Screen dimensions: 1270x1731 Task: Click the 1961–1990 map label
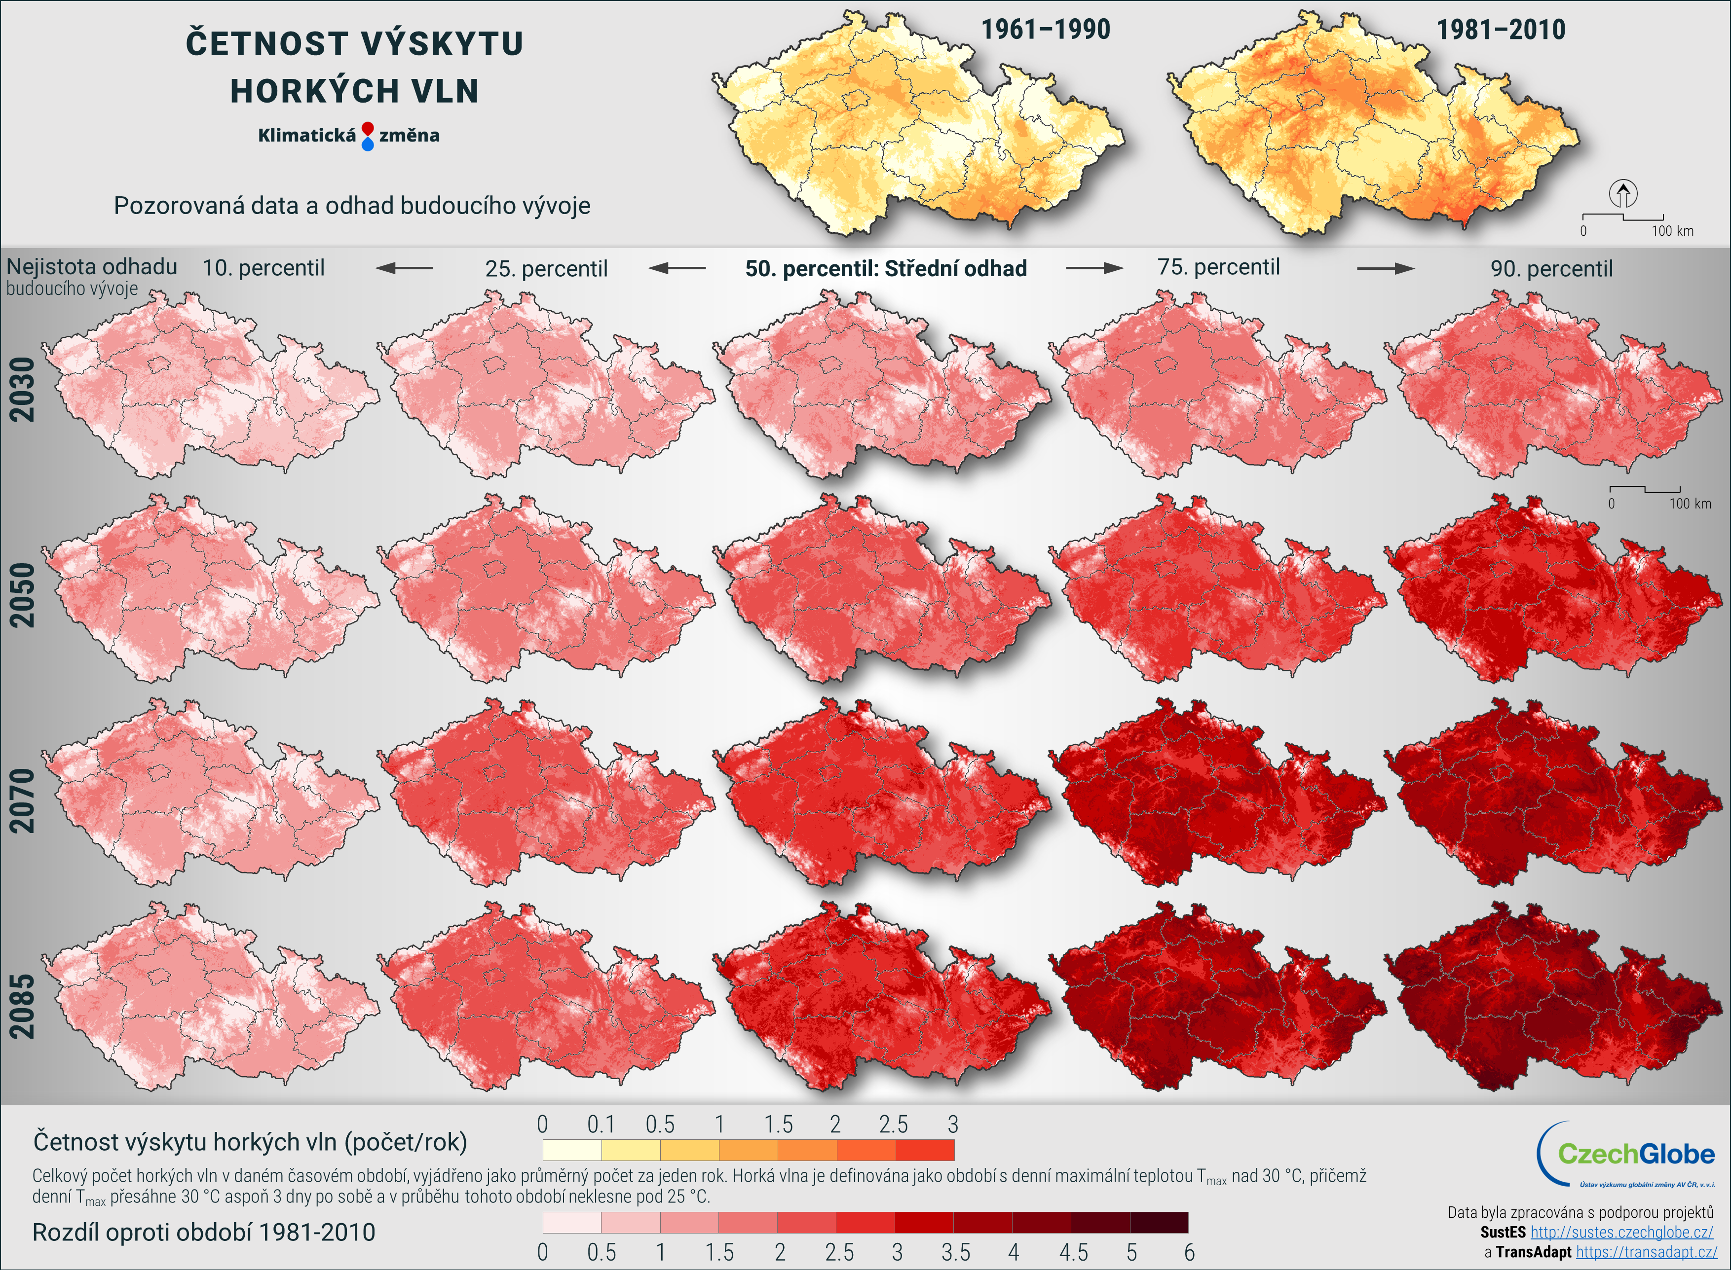click(x=1045, y=30)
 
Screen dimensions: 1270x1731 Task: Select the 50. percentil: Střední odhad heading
click(x=886, y=268)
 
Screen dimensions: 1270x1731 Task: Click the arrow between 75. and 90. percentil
click(x=1385, y=268)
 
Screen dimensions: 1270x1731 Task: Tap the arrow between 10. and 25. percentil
click(x=405, y=268)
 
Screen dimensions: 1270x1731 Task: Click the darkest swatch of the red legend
click(x=1159, y=1222)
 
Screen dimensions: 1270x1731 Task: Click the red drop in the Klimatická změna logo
click(x=368, y=128)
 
